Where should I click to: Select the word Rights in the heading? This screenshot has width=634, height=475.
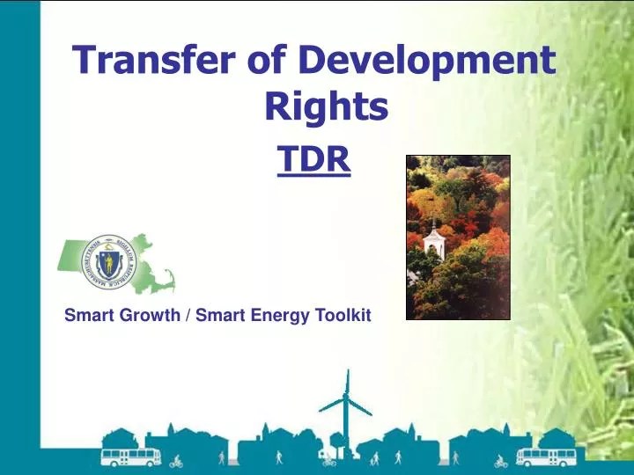pyautogui.click(x=327, y=107)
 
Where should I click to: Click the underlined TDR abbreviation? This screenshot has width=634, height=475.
pyautogui.click(x=314, y=160)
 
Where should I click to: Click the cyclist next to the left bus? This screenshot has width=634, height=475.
pyautogui.click(x=176, y=460)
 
